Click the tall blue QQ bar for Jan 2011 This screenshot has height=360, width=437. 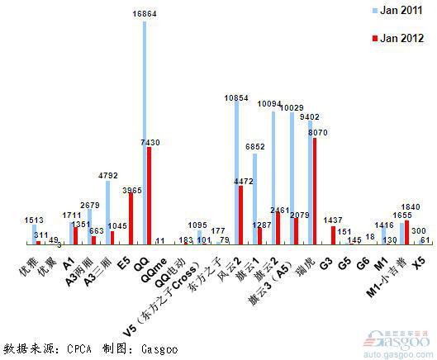(x=145, y=132)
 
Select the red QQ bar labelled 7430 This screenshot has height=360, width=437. (x=149, y=196)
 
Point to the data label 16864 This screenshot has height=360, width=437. (x=145, y=14)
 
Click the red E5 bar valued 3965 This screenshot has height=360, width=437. (x=131, y=219)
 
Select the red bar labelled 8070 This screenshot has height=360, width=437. (x=314, y=191)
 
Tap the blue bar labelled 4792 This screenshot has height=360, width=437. (x=108, y=212)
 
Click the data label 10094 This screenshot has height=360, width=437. (x=273, y=103)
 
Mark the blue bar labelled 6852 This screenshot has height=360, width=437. (x=254, y=198)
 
